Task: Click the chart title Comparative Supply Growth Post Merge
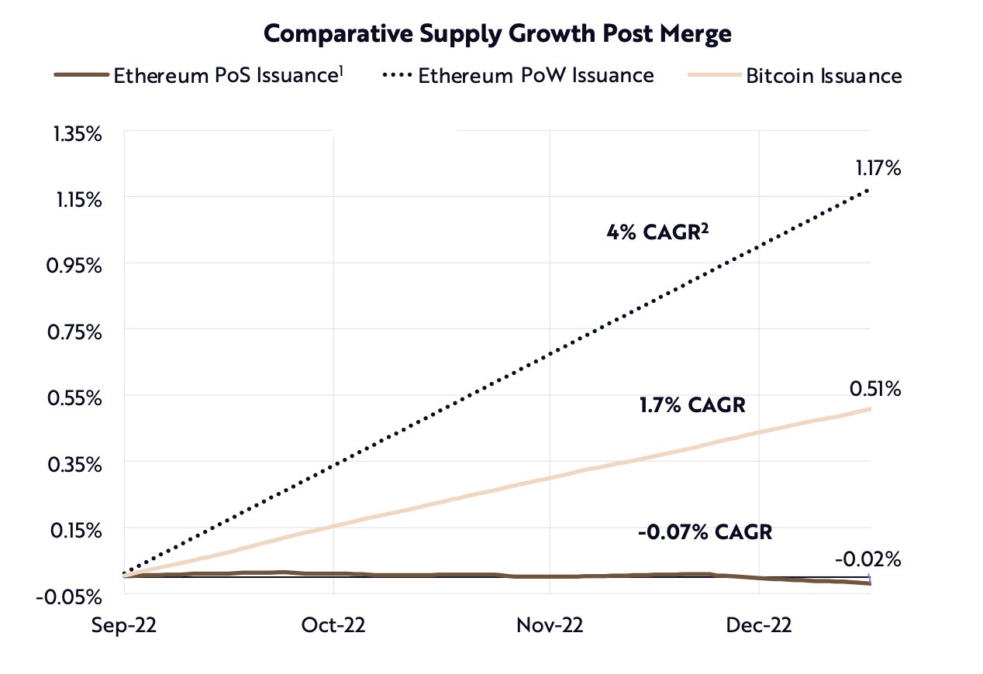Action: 498,33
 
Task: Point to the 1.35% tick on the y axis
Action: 78,134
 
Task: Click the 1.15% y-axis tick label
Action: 78,200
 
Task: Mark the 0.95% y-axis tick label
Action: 78,266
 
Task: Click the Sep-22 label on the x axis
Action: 124,625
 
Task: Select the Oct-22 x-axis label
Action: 333,625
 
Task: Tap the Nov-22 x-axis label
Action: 549,625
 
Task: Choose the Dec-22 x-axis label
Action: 759,625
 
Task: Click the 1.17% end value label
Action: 878,167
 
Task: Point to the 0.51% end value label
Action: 875,388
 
